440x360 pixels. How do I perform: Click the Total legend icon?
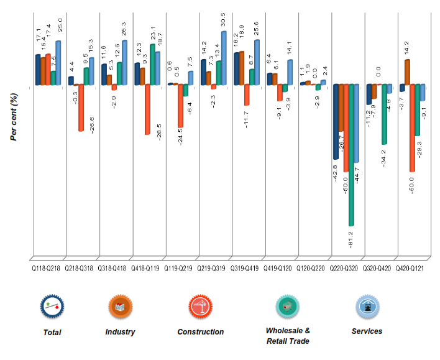(52, 307)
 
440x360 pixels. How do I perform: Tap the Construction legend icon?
(201, 307)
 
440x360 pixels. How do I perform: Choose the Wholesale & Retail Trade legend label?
(288, 336)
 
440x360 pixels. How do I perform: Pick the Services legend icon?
(367, 307)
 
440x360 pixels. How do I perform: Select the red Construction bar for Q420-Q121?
(413, 127)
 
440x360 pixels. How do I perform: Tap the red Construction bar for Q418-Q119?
(147, 109)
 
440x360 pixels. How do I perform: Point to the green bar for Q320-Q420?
(385, 114)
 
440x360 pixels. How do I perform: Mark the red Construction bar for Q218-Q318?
(81, 107)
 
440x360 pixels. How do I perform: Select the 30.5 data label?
(224, 21)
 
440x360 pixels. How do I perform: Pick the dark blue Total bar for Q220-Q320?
(336, 121)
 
